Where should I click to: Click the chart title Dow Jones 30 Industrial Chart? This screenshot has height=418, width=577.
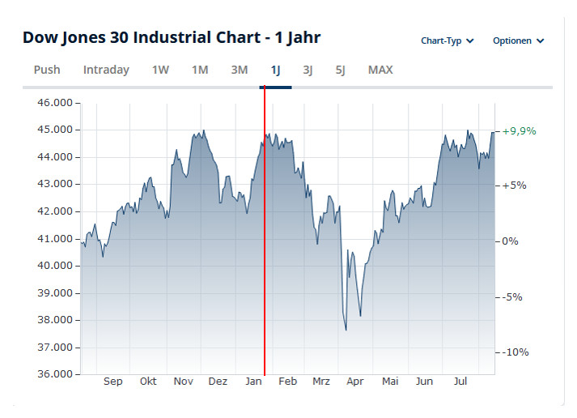pyautogui.click(x=172, y=38)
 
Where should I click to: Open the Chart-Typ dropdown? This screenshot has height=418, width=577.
pyautogui.click(x=448, y=41)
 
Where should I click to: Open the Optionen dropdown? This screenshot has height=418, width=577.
pyautogui.click(x=519, y=41)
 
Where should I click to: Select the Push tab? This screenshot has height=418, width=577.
pyautogui.click(x=47, y=70)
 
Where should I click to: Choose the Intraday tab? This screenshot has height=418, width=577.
pyautogui.click(x=106, y=70)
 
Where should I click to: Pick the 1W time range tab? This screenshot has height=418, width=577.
pyautogui.click(x=160, y=70)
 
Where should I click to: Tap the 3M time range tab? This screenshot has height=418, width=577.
pyautogui.click(x=240, y=70)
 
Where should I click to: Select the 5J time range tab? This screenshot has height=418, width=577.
pyautogui.click(x=341, y=70)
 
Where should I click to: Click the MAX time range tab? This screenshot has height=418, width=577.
pyautogui.click(x=380, y=70)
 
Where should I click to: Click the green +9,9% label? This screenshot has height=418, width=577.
pyautogui.click(x=519, y=131)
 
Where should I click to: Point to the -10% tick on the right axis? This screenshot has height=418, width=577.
pyautogui.click(x=515, y=352)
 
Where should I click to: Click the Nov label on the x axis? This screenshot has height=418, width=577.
pyautogui.click(x=184, y=382)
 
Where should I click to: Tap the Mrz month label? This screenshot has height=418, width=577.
pyautogui.click(x=321, y=382)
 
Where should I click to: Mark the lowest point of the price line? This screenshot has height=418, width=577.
pyautogui.click(x=346, y=330)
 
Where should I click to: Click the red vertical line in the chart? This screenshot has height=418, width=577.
pyautogui.click(x=265, y=243)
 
